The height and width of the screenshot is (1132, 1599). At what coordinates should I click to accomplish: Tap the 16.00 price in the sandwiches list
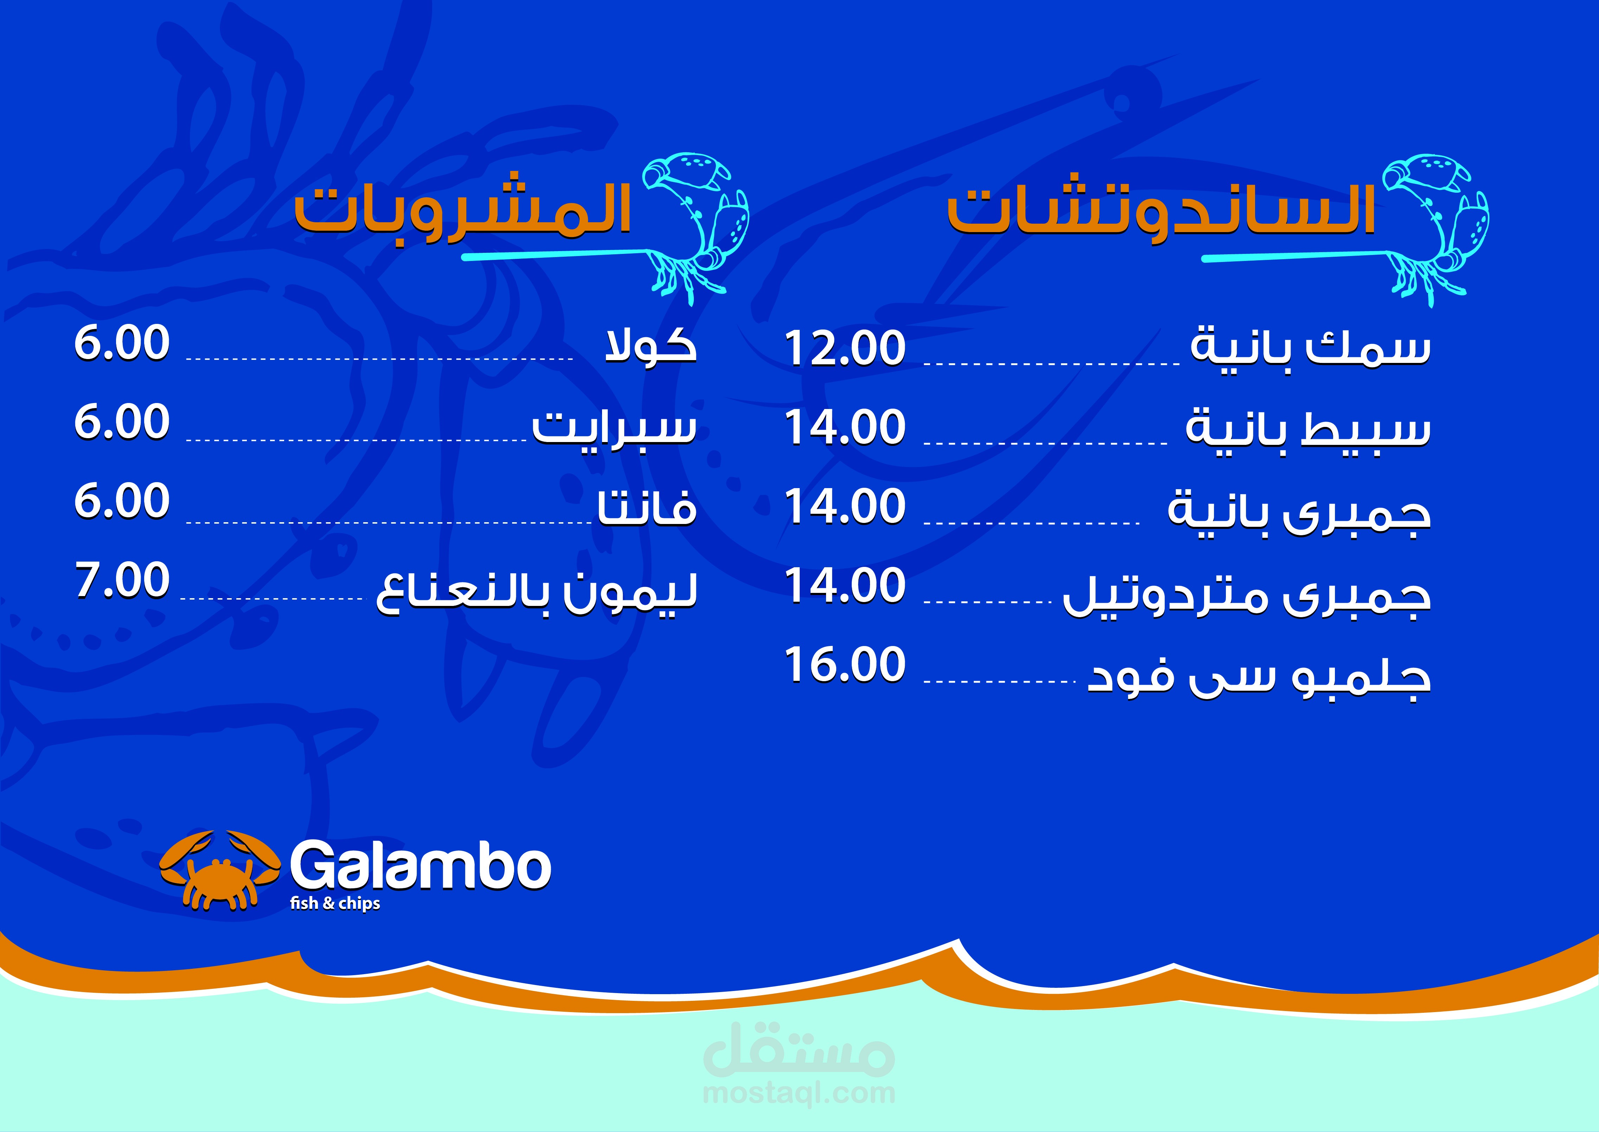tap(845, 664)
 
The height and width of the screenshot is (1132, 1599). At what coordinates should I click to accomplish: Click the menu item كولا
tap(650, 344)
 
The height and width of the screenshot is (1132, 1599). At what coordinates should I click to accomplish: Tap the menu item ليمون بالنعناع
tap(537, 593)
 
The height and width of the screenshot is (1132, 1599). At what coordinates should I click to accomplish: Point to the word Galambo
tap(420, 866)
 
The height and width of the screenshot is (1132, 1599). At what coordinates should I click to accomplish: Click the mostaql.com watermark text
tap(799, 1092)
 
